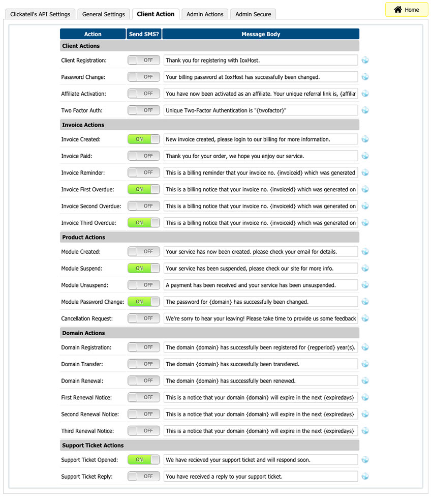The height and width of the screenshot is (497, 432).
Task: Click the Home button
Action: coord(407,10)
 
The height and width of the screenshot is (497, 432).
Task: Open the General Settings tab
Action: coord(103,14)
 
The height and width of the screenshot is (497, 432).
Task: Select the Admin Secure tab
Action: coord(253,14)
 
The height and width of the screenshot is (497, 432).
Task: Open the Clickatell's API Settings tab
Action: coord(40,14)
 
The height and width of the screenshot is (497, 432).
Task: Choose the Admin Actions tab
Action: coord(205,14)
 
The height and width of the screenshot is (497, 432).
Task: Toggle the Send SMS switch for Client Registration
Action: coord(143,60)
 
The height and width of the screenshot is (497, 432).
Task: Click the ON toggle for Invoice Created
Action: coord(143,139)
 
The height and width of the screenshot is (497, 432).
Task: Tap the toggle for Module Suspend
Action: coord(143,268)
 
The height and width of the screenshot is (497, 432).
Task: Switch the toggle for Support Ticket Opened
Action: coord(143,460)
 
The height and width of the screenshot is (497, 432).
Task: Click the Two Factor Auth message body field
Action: coord(261,110)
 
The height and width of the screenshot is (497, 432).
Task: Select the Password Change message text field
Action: coord(261,77)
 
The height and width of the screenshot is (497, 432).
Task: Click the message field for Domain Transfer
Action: coord(261,364)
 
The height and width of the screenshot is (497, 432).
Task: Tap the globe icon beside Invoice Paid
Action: coord(365,156)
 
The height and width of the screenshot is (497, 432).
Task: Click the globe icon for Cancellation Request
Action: coord(365,318)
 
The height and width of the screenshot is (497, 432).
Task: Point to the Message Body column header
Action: coord(261,34)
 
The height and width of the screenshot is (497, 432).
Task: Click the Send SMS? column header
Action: coord(144,34)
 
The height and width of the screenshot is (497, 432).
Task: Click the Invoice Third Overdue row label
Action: coord(88,223)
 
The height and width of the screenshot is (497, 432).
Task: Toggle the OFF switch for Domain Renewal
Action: coord(143,381)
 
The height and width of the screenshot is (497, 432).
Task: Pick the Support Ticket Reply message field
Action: coord(261,477)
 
